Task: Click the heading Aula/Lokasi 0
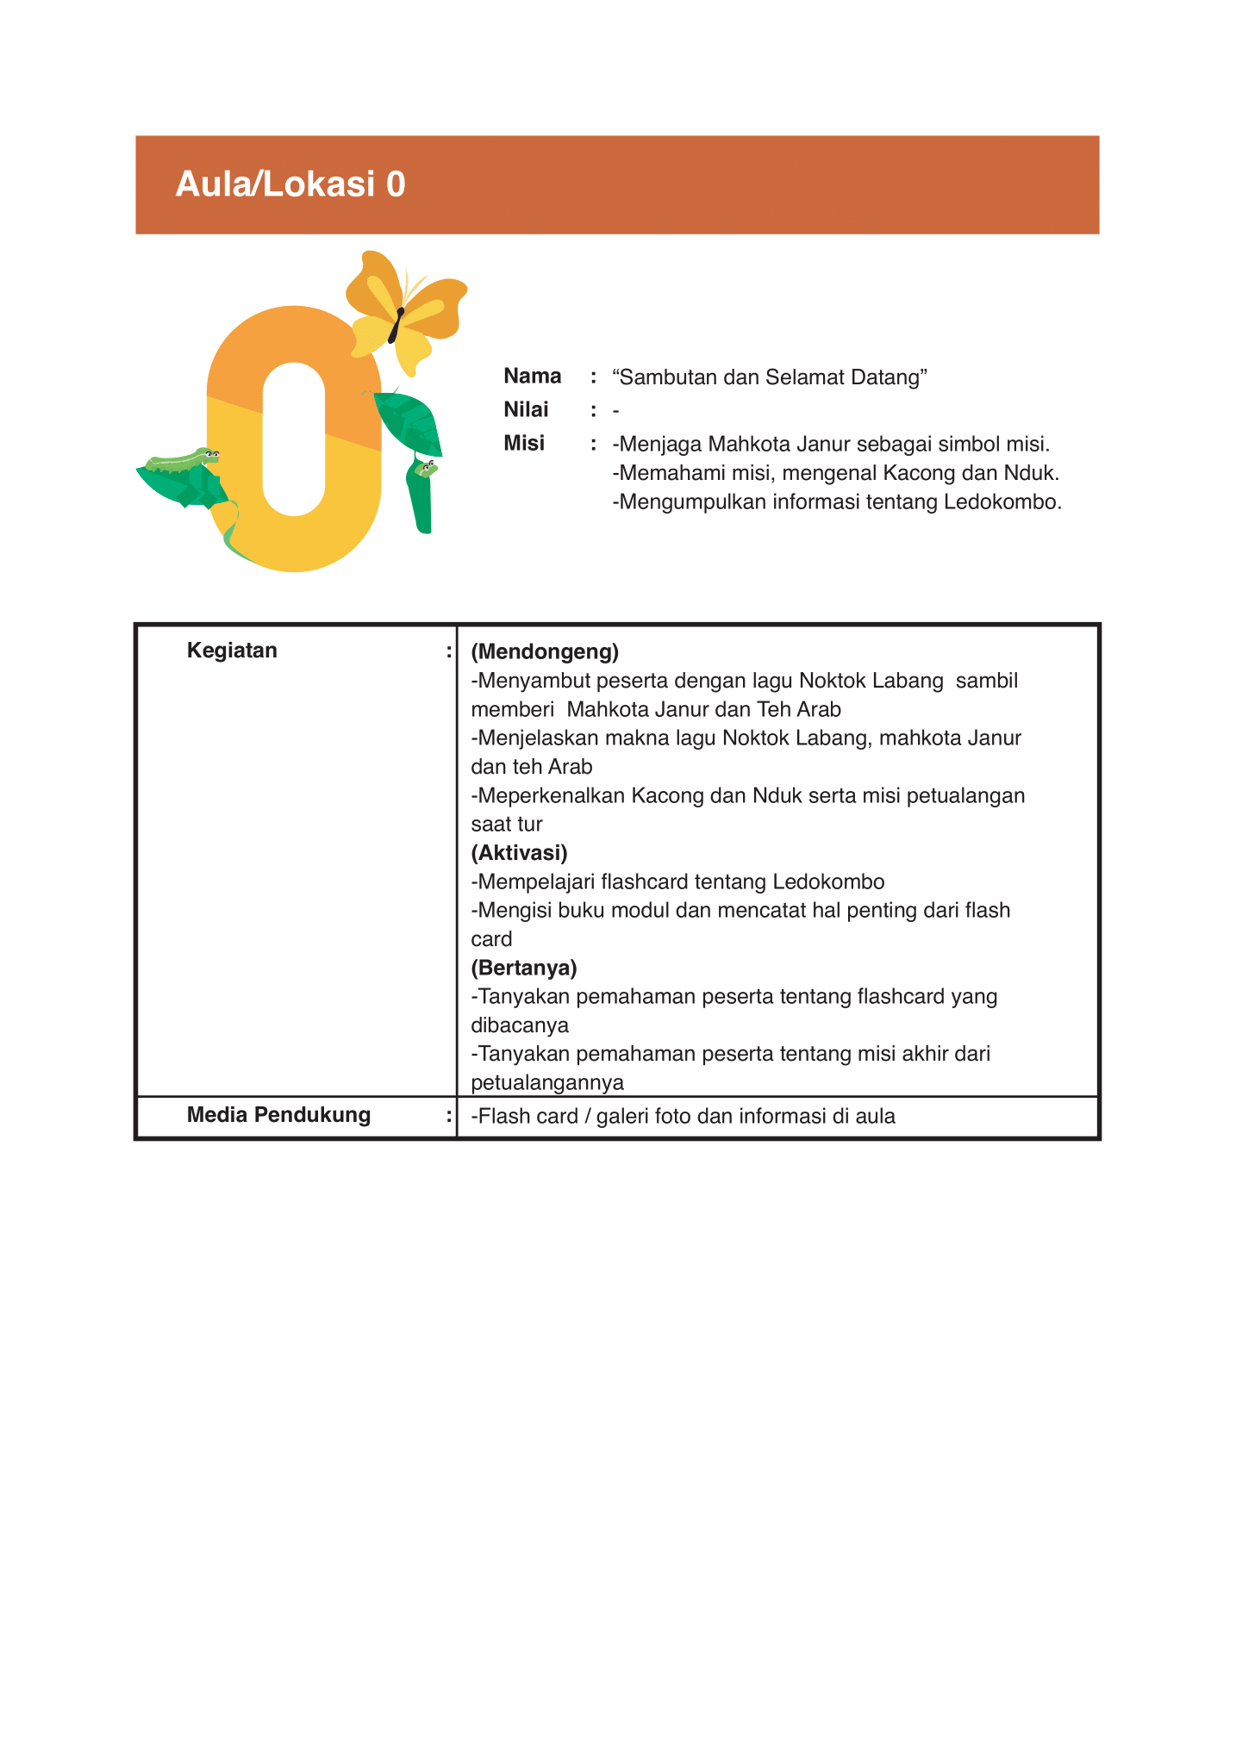(290, 184)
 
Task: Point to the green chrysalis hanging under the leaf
(420, 497)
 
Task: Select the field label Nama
(532, 377)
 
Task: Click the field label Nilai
(526, 410)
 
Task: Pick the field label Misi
(524, 444)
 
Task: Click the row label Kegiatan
(232, 651)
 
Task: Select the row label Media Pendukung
(278, 1115)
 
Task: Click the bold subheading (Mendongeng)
(545, 651)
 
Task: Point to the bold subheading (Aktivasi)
(519, 853)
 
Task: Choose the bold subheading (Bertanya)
(524, 968)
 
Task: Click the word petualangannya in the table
(547, 1082)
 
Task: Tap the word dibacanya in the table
(520, 1025)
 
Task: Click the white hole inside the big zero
(294, 439)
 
